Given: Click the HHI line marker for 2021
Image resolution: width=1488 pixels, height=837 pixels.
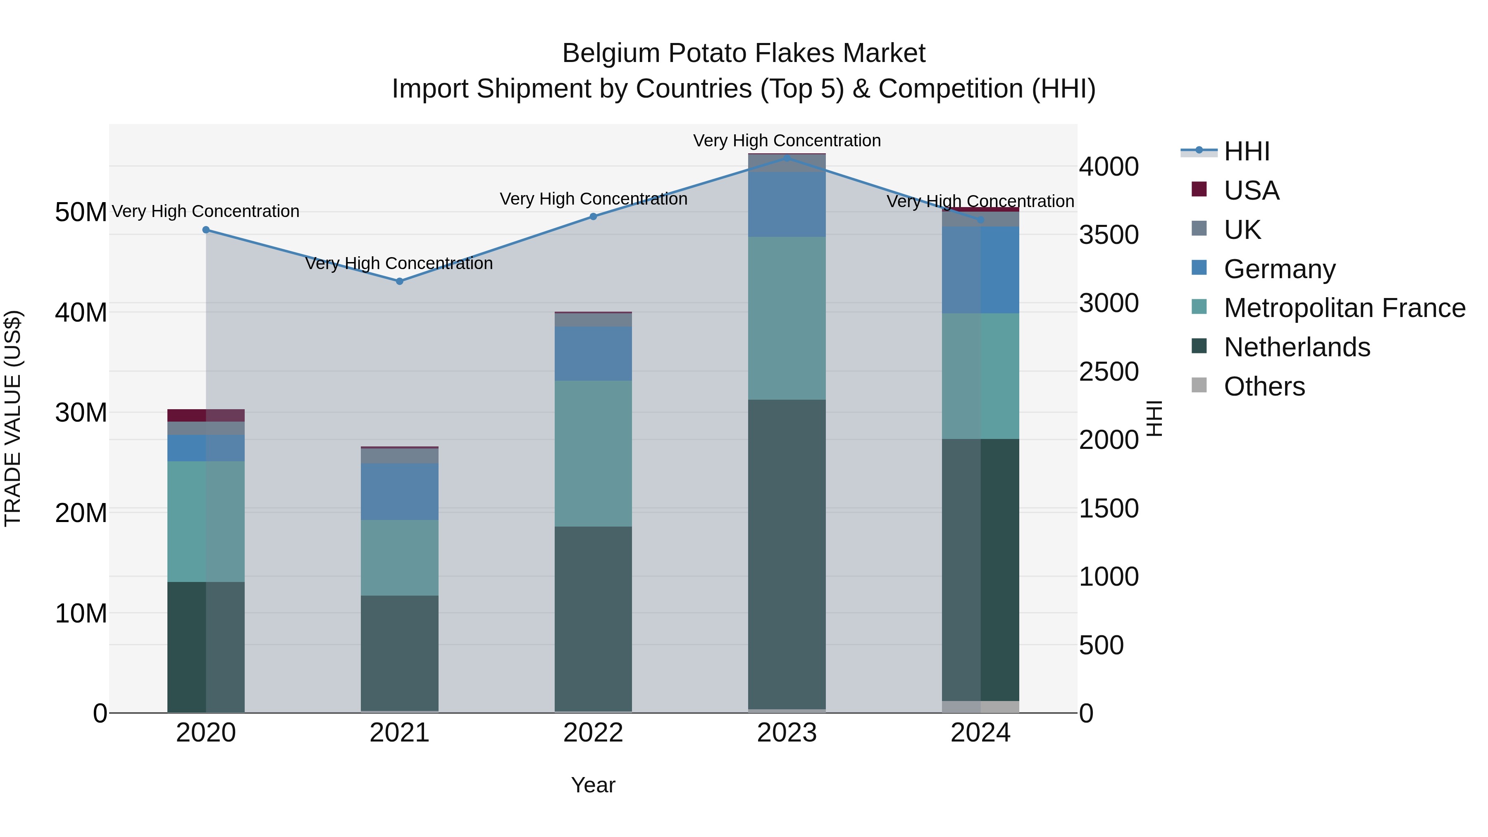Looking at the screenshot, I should pyautogui.click(x=399, y=281).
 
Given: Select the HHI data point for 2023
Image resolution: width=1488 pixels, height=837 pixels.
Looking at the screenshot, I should pyautogui.click(x=787, y=158).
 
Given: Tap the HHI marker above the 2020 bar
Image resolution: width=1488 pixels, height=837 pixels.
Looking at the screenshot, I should pyautogui.click(x=206, y=230).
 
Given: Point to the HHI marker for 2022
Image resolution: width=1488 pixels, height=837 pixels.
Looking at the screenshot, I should pyautogui.click(x=593, y=217).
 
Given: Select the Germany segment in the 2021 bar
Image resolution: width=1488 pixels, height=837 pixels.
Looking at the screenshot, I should pyautogui.click(x=399, y=491).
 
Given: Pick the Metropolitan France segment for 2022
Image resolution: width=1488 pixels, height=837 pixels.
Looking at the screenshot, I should pyautogui.click(x=593, y=453).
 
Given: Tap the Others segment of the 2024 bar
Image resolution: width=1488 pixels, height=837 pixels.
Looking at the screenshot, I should pyautogui.click(x=980, y=706).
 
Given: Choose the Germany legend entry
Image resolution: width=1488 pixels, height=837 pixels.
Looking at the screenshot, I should pyautogui.click(x=1279, y=269).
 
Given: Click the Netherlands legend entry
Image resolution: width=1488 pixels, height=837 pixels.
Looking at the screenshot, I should pyautogui.click(x=1297, y=347).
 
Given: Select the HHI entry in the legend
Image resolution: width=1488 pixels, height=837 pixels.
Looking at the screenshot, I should pyautogui.click(x=1247, y=151).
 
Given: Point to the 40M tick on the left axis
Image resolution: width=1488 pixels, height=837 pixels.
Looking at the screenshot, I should pyautogui.click(x=81, y=312).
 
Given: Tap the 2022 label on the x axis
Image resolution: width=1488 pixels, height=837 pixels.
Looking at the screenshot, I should pyautogui.click(x=593, y=733).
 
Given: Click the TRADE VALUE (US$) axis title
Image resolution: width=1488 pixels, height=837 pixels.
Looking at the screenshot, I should pyautogui.click(x=13, y=418).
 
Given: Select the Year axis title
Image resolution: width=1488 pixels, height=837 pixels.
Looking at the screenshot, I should pyautogui.click(x=593, y=785).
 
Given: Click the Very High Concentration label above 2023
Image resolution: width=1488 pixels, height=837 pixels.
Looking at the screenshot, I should pyautogui.click(x=787, y=141).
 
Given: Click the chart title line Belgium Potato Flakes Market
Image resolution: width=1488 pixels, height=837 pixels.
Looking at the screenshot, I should pyautogui.click(x=744, y=53).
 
